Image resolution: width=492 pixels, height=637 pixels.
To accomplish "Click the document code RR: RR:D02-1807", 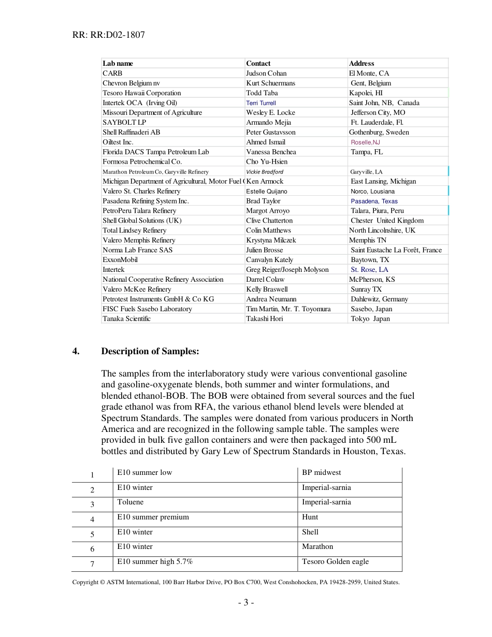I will click(x=109, y=35).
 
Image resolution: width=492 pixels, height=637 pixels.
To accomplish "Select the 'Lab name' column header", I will click(x=118, y=63).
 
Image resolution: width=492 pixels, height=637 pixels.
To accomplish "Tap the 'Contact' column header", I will click(x=258, y=63).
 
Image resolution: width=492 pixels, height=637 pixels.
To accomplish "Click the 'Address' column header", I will click(x=361, y=63).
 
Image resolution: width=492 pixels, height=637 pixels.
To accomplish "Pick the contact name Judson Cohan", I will click(x=266, y=73).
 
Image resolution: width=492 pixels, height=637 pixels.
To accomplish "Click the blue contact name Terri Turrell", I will click(x=261, y=103).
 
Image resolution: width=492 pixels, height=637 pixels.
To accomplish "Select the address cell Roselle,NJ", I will click(x=365, y=142).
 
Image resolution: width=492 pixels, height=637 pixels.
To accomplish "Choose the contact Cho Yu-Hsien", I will click(x=267, y=162).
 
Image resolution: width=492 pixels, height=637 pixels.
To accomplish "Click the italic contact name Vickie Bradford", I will click(x=265, y=171).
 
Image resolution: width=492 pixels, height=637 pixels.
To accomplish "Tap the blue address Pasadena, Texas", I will click(x=374, y=201).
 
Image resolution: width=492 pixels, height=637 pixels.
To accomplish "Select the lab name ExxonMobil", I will click(x=120, y=259).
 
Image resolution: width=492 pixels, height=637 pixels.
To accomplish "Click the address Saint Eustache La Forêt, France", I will click(x=396, y=250).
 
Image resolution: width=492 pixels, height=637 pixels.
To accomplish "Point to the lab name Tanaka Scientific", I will click(x=126, y=319).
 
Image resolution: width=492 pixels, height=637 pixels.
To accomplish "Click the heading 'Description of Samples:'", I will click(x=150, y=351).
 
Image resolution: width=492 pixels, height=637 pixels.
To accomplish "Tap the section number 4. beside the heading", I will click(x=76, y=351).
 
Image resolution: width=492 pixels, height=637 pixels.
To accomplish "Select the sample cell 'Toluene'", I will click(x=131, y=502).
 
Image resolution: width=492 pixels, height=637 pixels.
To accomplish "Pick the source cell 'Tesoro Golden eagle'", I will click(x=335, y=561).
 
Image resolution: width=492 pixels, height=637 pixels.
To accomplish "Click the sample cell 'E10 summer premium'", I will click(x=153, y=517).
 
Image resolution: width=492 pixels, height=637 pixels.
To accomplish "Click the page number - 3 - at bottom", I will click(x=245, y=602).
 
